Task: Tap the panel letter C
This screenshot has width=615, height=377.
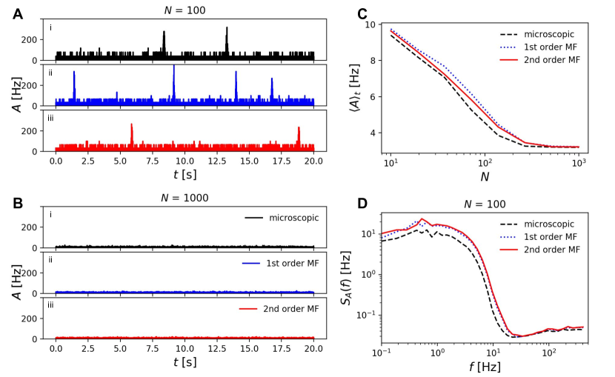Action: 362,12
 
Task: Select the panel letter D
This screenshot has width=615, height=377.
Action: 362,201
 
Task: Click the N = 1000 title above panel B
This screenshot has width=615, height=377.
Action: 184,198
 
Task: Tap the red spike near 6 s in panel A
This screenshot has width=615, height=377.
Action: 131,126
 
